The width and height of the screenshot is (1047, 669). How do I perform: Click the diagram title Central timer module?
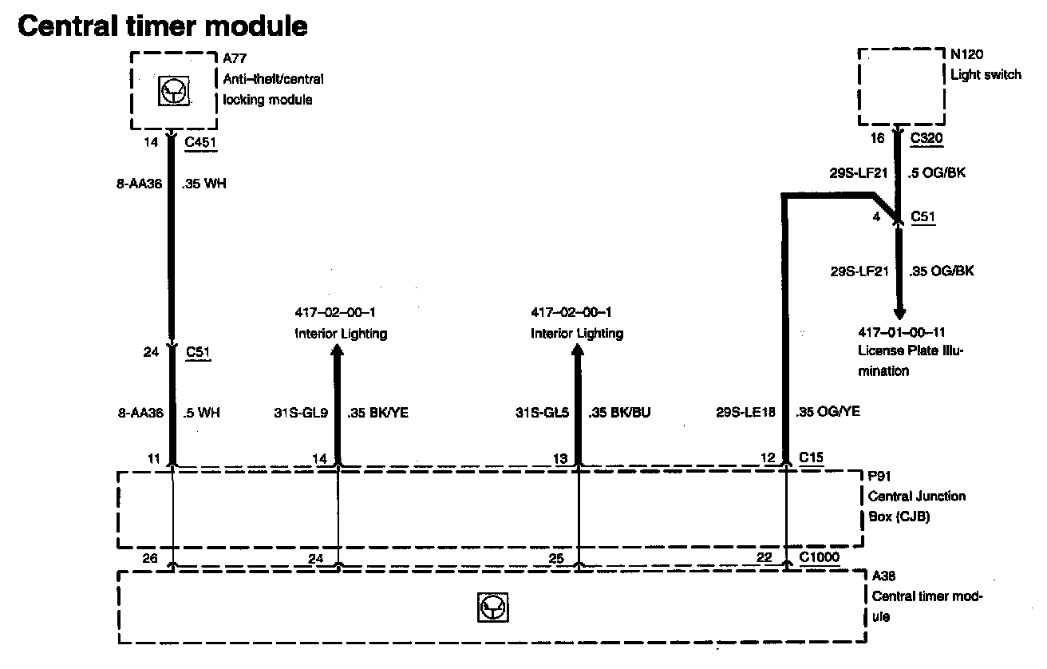click(x=162, y=26)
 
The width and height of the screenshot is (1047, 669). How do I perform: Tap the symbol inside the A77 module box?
click(x=173, y=92)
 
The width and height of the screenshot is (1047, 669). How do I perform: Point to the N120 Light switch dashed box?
click(x=900, y=86)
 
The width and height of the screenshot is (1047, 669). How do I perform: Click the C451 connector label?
click(x=200, y=143)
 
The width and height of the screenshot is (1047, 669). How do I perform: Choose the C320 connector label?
click(x=926, y=137)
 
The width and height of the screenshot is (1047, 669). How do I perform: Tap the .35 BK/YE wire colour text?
click(x=378, y=413)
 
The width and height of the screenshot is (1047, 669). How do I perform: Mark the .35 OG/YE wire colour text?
click(x=828, y=412)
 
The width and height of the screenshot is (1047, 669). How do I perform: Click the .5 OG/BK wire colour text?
click(x=937, y=172)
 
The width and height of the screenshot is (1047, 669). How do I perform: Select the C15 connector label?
click(x=812, y=457)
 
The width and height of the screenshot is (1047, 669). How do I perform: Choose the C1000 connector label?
click(x=819, y=557)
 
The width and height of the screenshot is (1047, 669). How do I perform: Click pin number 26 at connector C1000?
click(x=150, y=557)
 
